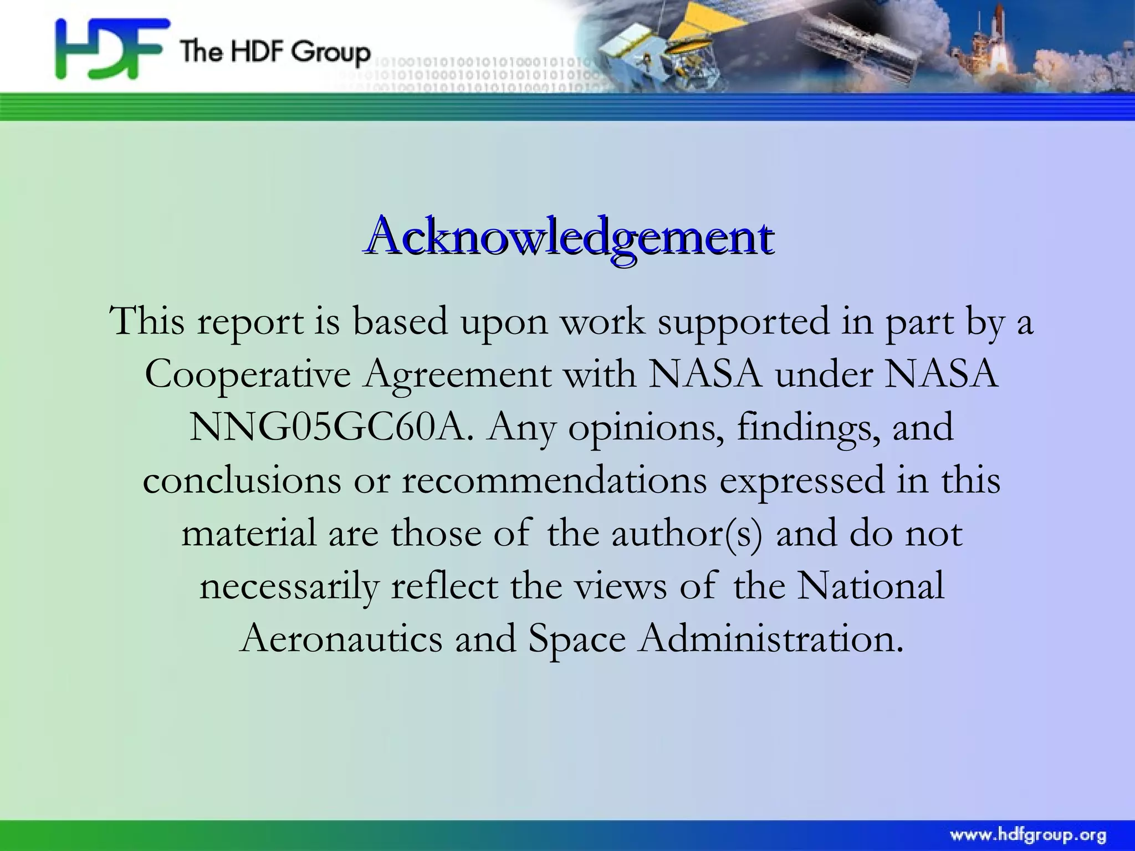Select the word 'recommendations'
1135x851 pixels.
(554, 480)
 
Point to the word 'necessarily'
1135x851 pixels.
(289, 586)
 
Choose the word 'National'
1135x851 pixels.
(871, 585)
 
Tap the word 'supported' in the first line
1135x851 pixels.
(742, 322)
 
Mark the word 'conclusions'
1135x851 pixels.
(242, 480)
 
